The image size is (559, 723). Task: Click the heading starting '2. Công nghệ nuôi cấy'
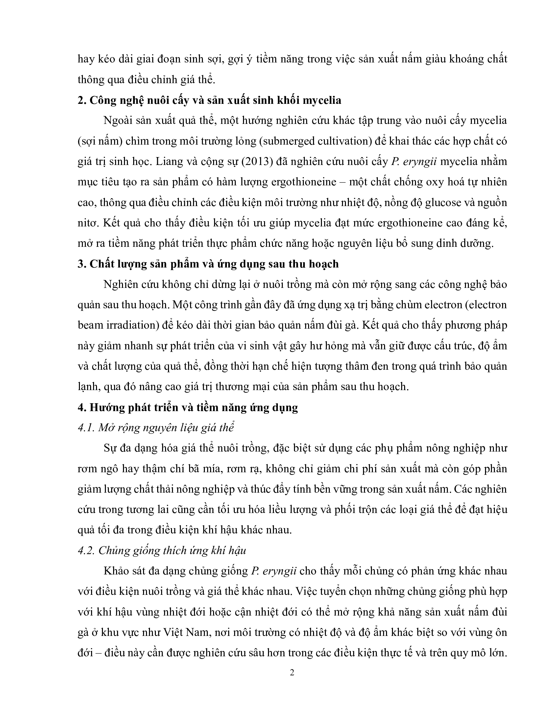(x=209, y=100)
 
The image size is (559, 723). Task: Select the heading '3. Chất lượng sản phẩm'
(x=208, y=264)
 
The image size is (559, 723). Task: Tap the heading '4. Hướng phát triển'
(x=187, y=407)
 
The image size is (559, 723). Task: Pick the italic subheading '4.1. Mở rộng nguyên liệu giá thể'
(x=156, y=428)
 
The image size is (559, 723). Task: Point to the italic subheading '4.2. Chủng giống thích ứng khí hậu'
(x=162, y=550)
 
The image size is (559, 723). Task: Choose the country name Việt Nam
(x=186, y=632)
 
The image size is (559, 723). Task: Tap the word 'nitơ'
(x=87, y=223)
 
